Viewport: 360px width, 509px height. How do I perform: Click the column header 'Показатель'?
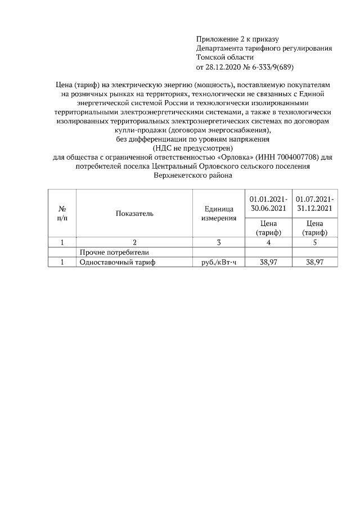134,214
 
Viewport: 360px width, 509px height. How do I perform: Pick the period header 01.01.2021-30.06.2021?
268,204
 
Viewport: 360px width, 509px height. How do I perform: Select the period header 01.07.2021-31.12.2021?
314,204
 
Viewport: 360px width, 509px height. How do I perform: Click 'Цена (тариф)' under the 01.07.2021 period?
314,228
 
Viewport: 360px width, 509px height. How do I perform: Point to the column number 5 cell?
314,242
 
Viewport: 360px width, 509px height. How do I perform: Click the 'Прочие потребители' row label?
114,252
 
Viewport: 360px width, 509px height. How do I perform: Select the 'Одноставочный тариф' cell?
117,262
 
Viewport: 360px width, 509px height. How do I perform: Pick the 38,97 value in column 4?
268,262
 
